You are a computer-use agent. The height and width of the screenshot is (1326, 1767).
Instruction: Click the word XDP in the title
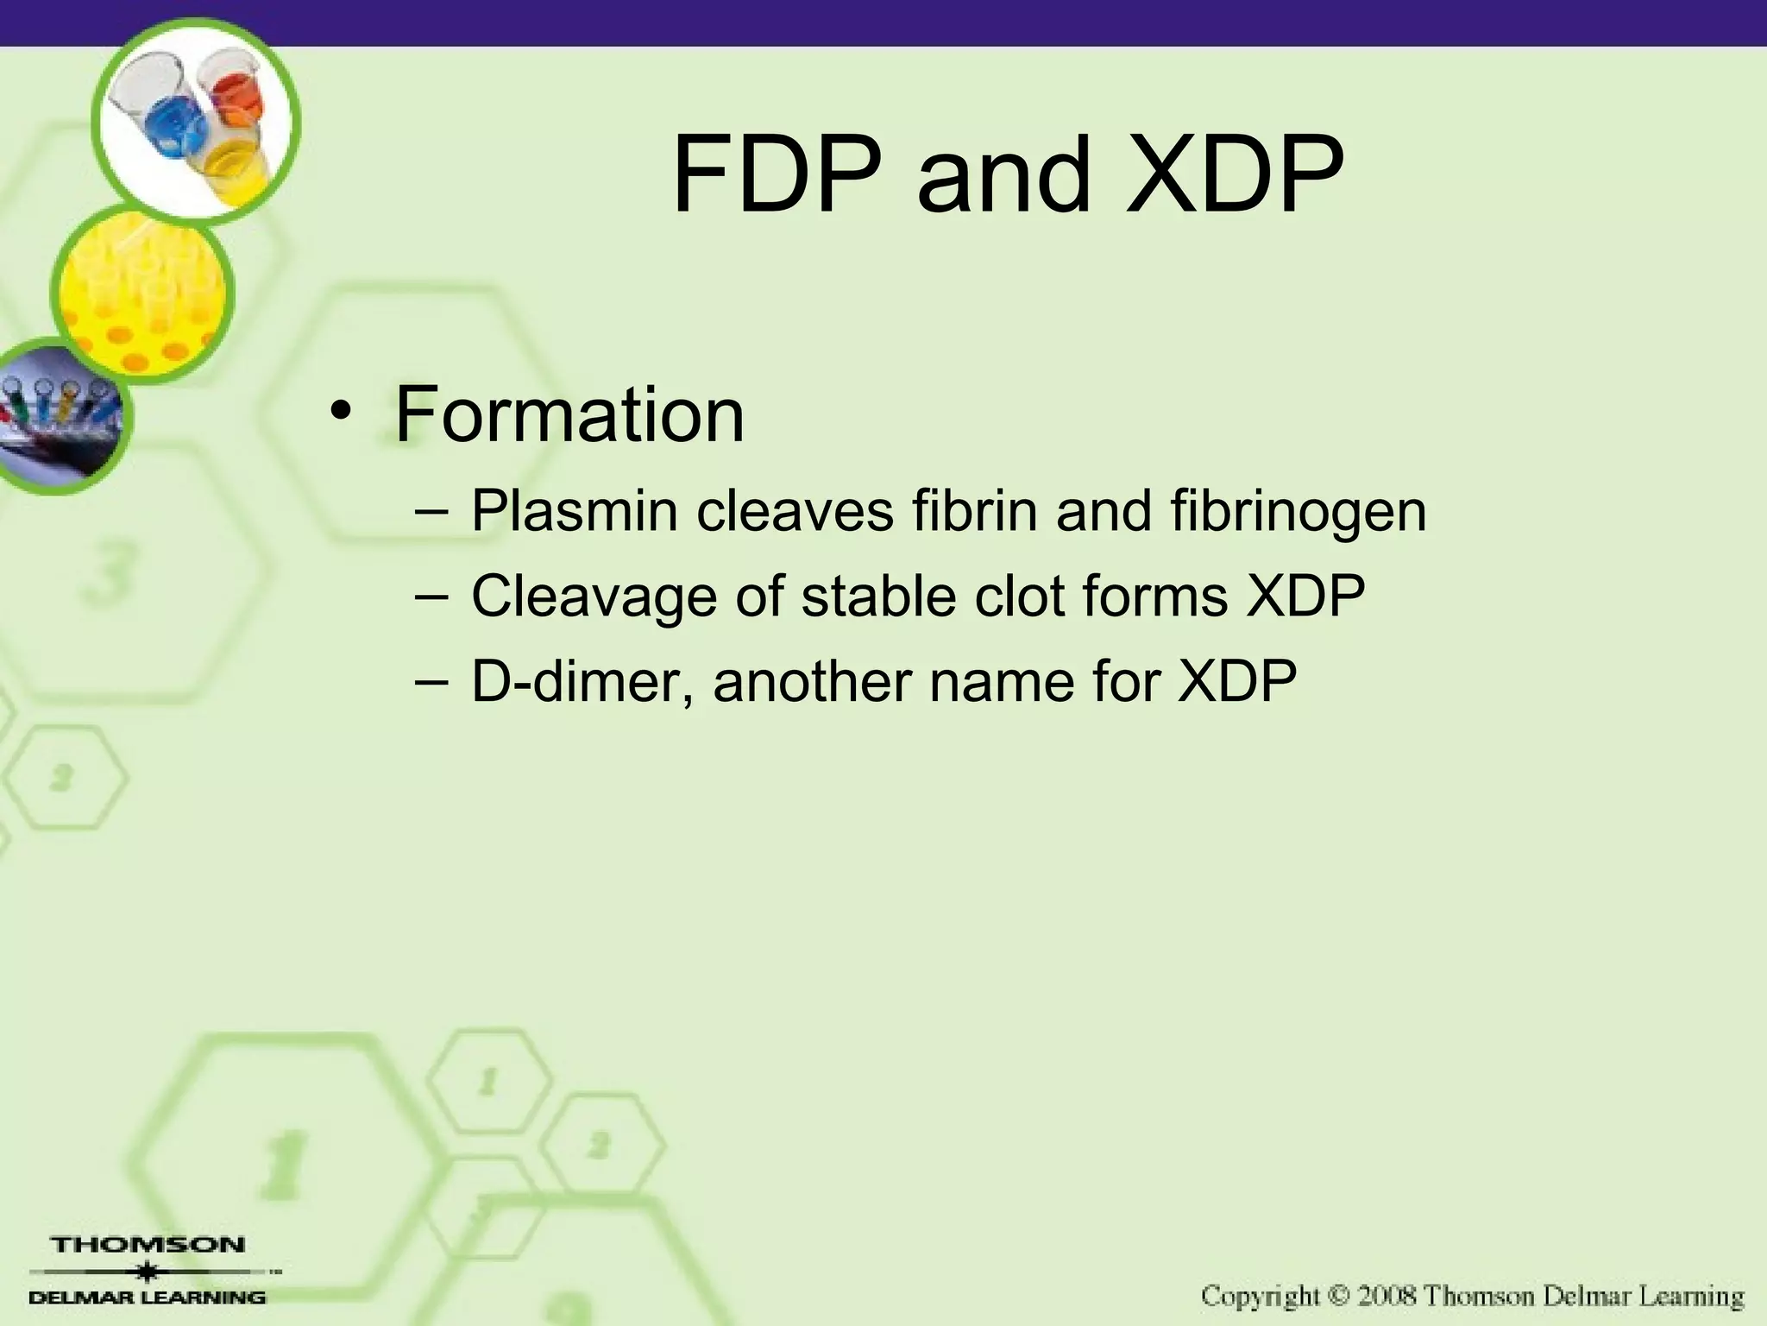point(1233,175)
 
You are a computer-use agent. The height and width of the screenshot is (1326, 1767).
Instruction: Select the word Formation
point(569,415)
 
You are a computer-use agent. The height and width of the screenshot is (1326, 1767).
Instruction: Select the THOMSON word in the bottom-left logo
point(148,1245)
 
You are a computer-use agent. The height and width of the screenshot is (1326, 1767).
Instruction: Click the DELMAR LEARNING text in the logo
point(148,1297)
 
